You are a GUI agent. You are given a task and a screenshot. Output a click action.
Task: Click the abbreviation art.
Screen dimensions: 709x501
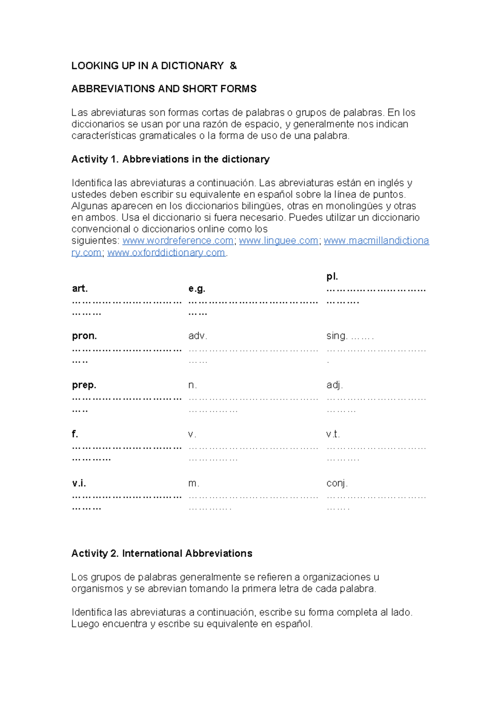point(80,288)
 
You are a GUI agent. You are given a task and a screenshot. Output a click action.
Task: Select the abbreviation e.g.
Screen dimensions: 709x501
point(197,288)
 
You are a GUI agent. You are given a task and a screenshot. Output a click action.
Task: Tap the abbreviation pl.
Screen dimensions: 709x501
point(332,276)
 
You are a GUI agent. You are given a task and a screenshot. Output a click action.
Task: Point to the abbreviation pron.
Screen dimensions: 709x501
point(84,336)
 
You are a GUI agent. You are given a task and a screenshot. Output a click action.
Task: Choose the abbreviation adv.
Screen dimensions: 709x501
point(198,336)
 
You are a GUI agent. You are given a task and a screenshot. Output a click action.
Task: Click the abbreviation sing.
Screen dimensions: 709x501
point(337,336)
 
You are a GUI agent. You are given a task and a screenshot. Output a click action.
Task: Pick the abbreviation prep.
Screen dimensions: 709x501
point(84,385)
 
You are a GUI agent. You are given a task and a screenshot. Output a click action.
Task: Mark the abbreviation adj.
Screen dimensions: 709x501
point(334,385)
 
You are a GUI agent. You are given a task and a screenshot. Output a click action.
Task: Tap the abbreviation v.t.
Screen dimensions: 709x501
point(333,434)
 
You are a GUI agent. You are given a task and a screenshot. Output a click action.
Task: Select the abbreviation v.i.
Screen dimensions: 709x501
point(79,483)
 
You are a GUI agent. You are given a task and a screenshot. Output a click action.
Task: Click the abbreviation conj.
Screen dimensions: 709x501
point(337,483)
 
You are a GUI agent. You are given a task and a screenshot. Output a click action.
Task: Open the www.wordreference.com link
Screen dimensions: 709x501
point(178,241)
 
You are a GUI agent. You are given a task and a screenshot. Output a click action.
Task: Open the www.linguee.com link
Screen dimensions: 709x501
point(278,241)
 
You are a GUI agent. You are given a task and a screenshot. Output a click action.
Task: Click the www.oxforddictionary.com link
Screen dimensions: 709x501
point(166,252)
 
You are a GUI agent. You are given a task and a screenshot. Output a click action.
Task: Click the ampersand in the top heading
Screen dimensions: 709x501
point(233,66)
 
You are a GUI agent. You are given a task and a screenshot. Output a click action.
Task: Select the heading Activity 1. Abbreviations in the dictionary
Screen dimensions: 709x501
point(170,159)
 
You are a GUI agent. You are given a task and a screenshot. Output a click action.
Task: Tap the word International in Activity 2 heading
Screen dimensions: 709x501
point(152,553)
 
